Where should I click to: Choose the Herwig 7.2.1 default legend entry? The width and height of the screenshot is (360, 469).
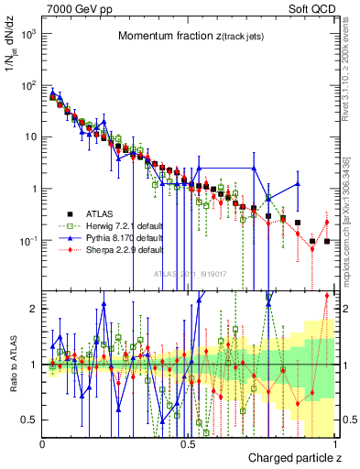[x=128, y=225]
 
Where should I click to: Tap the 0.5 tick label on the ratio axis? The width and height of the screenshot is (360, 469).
[x=31, y=420]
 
